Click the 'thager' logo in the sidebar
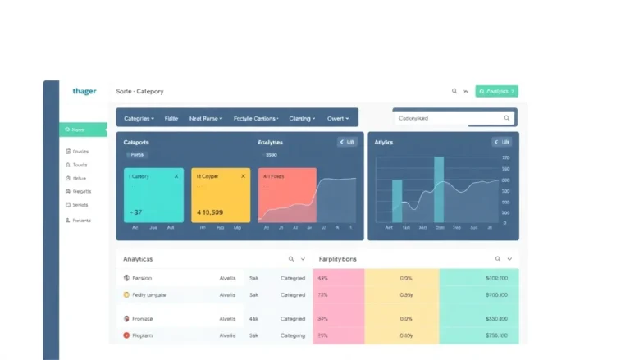tap(84, 91)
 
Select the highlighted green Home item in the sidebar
tap(83, 130)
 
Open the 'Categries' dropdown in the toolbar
tap(139, 118)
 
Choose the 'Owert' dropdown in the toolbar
tap(338, 118)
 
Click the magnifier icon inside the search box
tap(507, 118)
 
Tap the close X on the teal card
tap(176, 176)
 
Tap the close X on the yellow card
tap(243, 176)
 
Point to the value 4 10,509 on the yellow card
tap(210, 212)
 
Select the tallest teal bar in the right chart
tap(439, 189)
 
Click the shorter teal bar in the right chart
tap(397, 200)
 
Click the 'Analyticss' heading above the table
tap(138, 258)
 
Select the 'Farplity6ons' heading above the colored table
tap(337, 258)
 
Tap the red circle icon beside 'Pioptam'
tap(126, 335)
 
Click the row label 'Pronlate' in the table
tap(143, 319)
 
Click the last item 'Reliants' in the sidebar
tap(81, 221)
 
